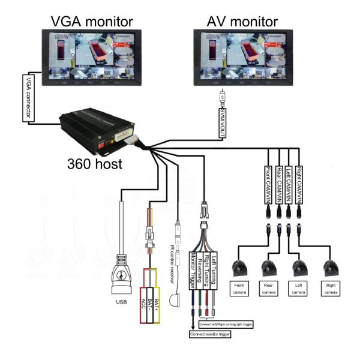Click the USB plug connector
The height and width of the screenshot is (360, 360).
pos(122,277)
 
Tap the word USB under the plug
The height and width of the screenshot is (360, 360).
pos(122,302)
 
